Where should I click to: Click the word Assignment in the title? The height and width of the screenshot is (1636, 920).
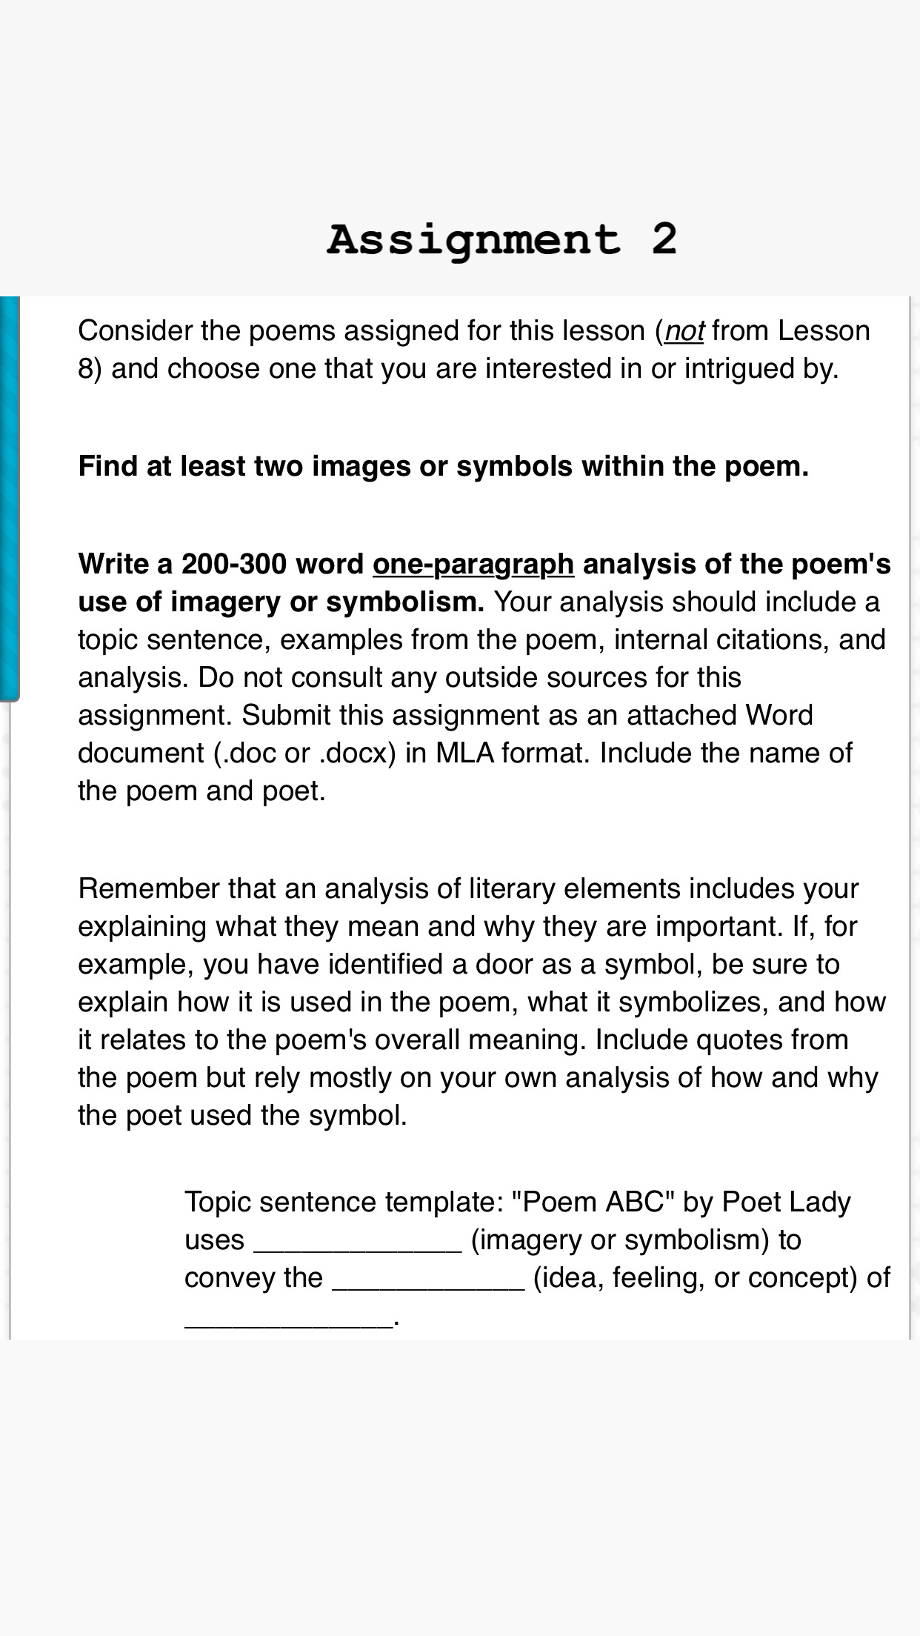pyautogui.click(x=473, y=240)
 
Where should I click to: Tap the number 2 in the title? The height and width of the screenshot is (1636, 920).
pyautogui.click(x=664, y=239)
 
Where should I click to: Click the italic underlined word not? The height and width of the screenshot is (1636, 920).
pyautogui.click(x=684, y=331)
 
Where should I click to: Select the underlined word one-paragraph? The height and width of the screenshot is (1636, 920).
pyautogui.click(x=473, y=565)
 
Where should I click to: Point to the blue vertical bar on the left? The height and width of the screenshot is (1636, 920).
pyautogui.click(x=9, y=496)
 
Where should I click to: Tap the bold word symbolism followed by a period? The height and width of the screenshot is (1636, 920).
pyautogui.click(x=404, y=602)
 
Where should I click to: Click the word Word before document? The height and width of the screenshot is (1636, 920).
pyautogui.click(x=779, y=716)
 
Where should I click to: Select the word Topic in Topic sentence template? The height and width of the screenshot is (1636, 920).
pyautogui.click(x=217, y=1202)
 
